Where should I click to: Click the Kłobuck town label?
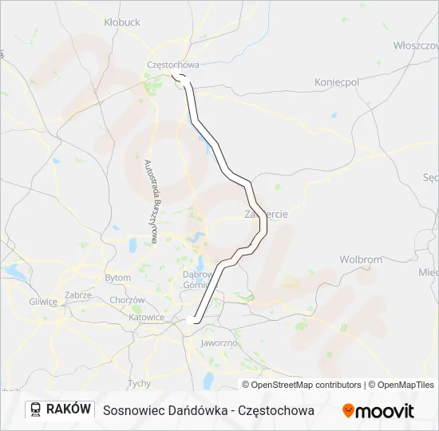[122, 22]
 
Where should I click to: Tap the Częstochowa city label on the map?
[172, 65]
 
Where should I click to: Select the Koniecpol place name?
[337, 82]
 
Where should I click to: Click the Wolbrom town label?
[361, 259]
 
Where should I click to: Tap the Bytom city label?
[117, 278]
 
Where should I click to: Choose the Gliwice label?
[43, 302]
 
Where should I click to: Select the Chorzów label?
[128, 300]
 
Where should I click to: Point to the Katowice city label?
[147, 317]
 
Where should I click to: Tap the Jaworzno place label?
[220, 343]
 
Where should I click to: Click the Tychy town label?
[139, 383]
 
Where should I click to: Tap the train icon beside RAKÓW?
[37, 409]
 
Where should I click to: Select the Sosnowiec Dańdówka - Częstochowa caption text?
[208, 410]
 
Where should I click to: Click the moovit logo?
[378, 411]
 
